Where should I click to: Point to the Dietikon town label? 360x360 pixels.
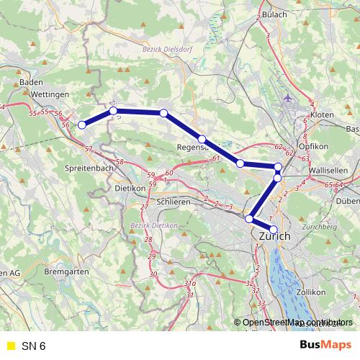130,189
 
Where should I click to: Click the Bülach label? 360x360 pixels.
274,14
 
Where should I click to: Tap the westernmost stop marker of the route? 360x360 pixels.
81,125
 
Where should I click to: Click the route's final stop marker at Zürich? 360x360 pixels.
273,229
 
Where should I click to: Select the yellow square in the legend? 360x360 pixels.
10,346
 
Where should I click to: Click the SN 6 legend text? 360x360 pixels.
33,346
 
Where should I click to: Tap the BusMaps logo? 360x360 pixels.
325,346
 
